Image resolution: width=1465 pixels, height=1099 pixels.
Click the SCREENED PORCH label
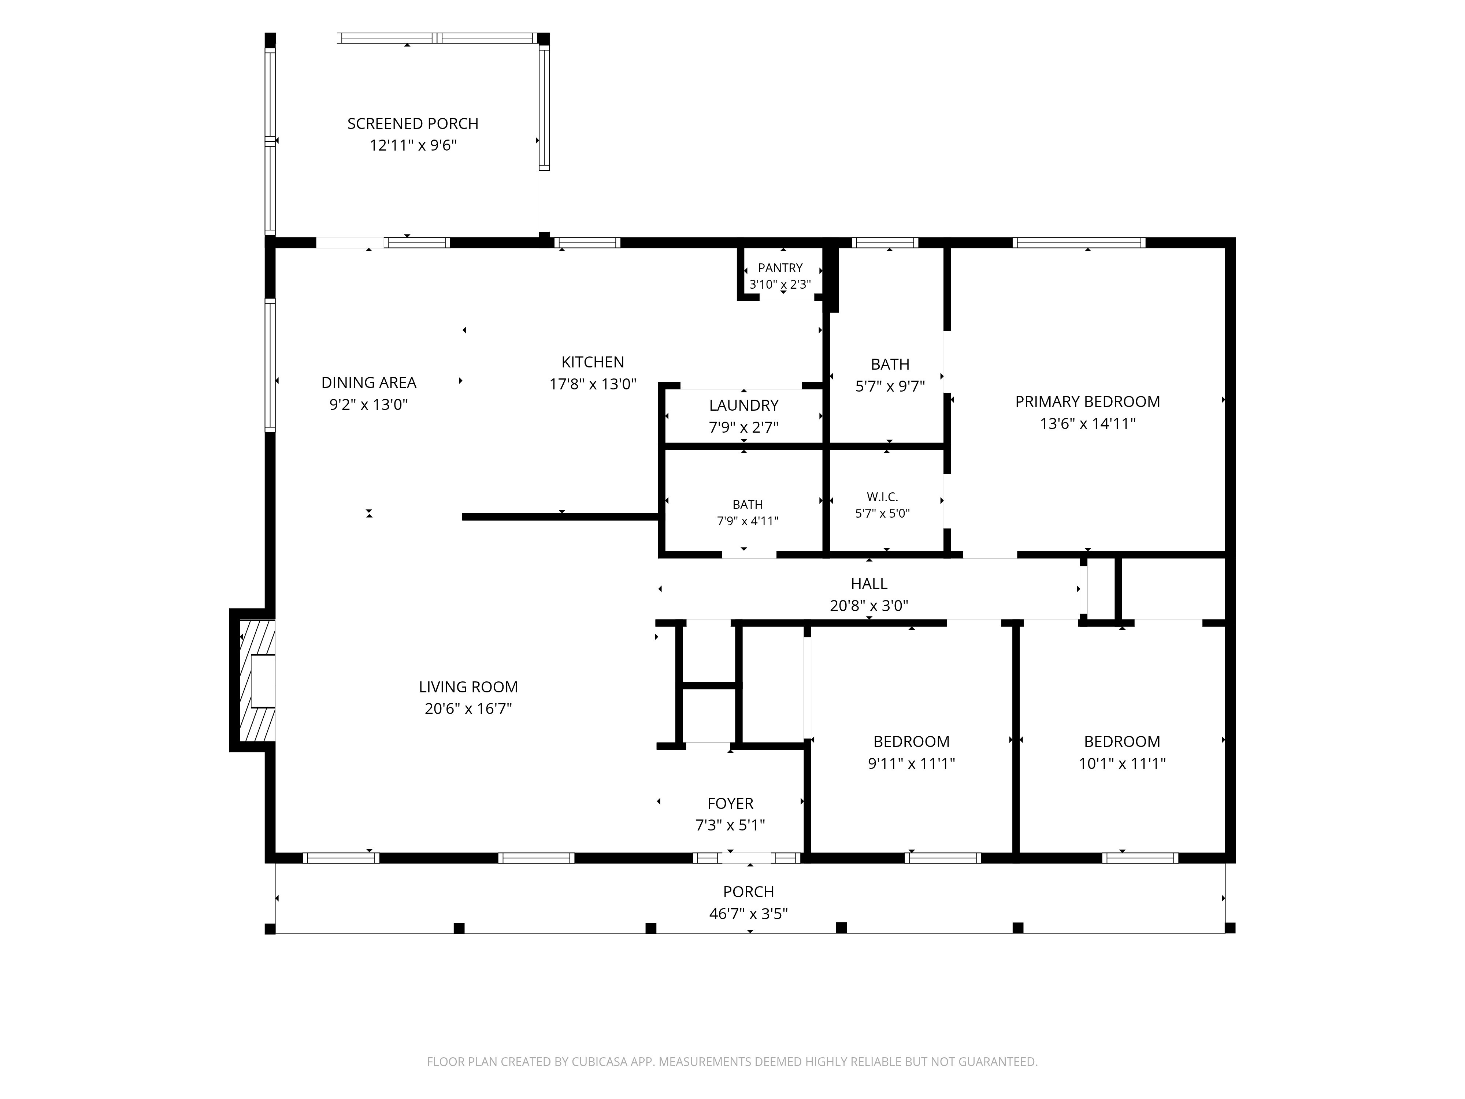[413, 124]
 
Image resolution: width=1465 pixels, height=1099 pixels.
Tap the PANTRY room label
[780, 268]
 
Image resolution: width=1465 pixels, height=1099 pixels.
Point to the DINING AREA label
[369, 383]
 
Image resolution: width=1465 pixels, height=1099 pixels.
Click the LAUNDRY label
[744, 406]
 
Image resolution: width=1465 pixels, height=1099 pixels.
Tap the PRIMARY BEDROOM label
[1087, 402]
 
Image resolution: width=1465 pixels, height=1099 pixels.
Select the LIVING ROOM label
[468, 687]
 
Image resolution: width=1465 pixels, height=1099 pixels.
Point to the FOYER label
[731, 803]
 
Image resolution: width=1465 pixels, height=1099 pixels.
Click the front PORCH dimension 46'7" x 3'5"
[748, 914]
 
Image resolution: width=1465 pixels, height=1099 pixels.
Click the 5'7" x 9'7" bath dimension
[890, 386]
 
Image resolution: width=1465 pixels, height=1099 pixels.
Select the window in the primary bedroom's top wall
[1079, 243]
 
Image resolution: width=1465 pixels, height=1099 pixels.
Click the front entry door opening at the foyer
[745, 858]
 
